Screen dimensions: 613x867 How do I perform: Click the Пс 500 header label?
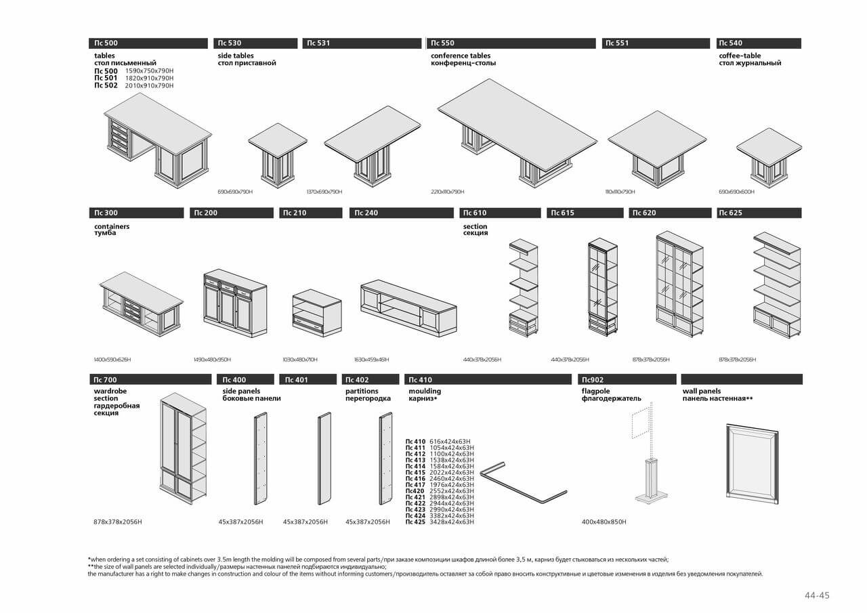(x=106, y=43)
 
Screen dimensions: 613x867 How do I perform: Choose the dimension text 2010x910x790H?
(x=149, y=86)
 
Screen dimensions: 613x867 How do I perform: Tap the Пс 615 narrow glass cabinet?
(x=602, y=287)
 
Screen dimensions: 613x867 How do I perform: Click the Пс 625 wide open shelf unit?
(x=778, y=284)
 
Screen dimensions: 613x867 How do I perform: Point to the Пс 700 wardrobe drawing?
(x=184, y=448)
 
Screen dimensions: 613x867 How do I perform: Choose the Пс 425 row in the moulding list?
(x=440, y=522)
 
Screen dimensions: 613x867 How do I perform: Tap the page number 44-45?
(x=816, y=595)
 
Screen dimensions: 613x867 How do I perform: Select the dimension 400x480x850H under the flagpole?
(x=604, y=522)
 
